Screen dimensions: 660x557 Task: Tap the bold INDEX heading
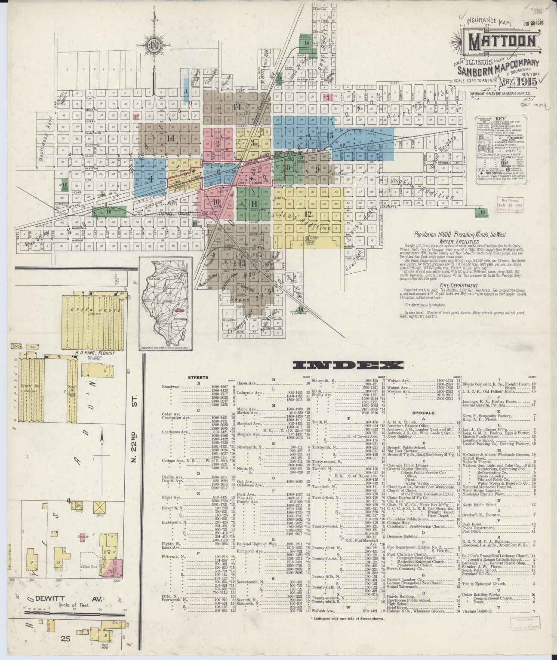click(348, 366)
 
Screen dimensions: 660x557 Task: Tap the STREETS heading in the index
click(198, 377)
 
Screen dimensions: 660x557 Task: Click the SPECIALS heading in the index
click(423, 413)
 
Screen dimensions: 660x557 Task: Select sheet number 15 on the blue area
click(330, 135)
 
